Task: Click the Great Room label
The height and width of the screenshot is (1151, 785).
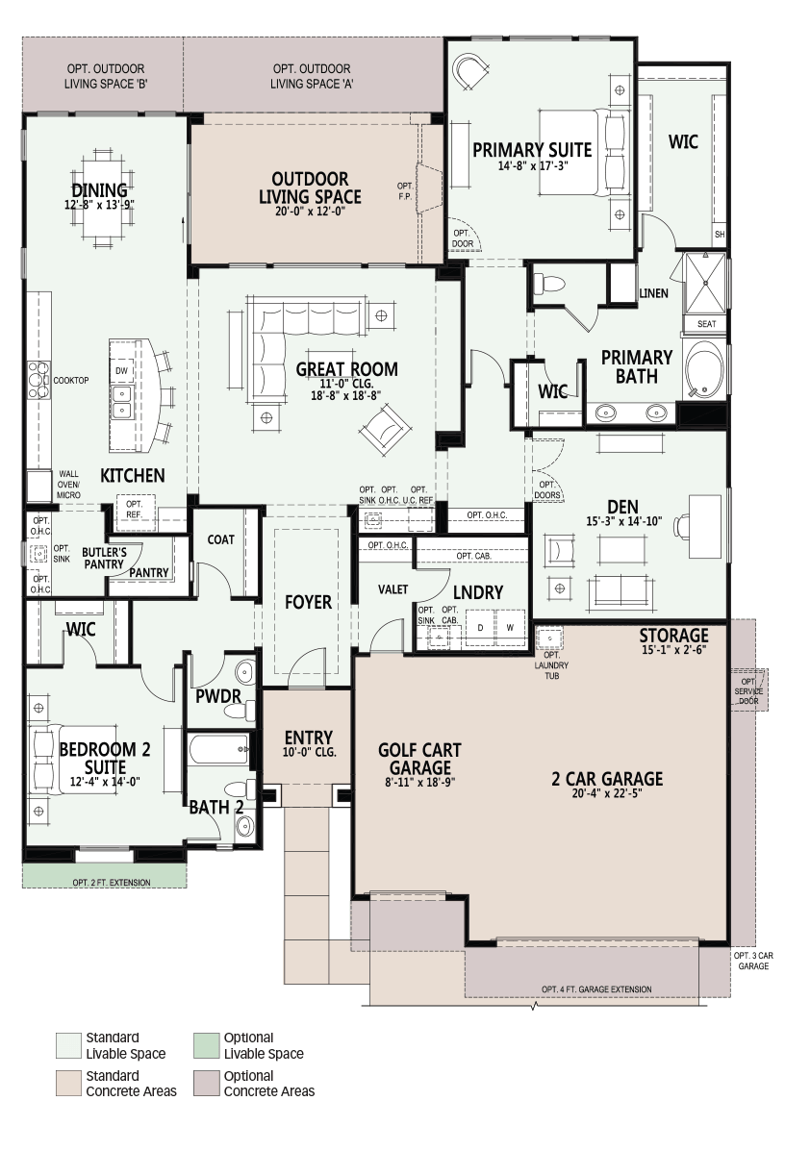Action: (x=346, y=369)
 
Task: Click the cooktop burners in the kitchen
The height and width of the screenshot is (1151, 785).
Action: (x=38, y=380)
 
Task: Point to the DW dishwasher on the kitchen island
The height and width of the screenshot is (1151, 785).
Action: (x=121, y=371)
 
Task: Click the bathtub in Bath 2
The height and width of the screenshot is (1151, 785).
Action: (x=218, y=749)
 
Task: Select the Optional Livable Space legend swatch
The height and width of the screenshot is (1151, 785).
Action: (x=206, y=1045)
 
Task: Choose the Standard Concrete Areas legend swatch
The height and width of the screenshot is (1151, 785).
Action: (x=69, y=1084)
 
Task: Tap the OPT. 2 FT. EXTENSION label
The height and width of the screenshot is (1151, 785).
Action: (x=112, y=883)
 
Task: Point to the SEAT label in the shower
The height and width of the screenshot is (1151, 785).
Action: (x=706, y=324)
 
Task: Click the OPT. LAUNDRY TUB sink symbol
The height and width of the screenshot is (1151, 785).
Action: (x=549, y=638)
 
